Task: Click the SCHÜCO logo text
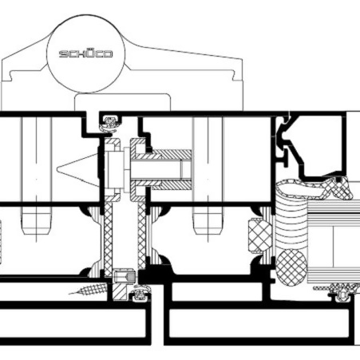[x=85, y=53]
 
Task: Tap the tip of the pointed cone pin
[x=57, y=168]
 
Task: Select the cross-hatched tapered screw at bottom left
[x=89, y=289]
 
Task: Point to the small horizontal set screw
[x=125, y=276]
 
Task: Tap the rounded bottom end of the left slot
[x=36, y=230]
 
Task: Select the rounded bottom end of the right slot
[x=208, y=230]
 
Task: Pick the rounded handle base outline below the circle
[x=122, y=101]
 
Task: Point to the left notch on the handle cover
[x=12, y=75]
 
